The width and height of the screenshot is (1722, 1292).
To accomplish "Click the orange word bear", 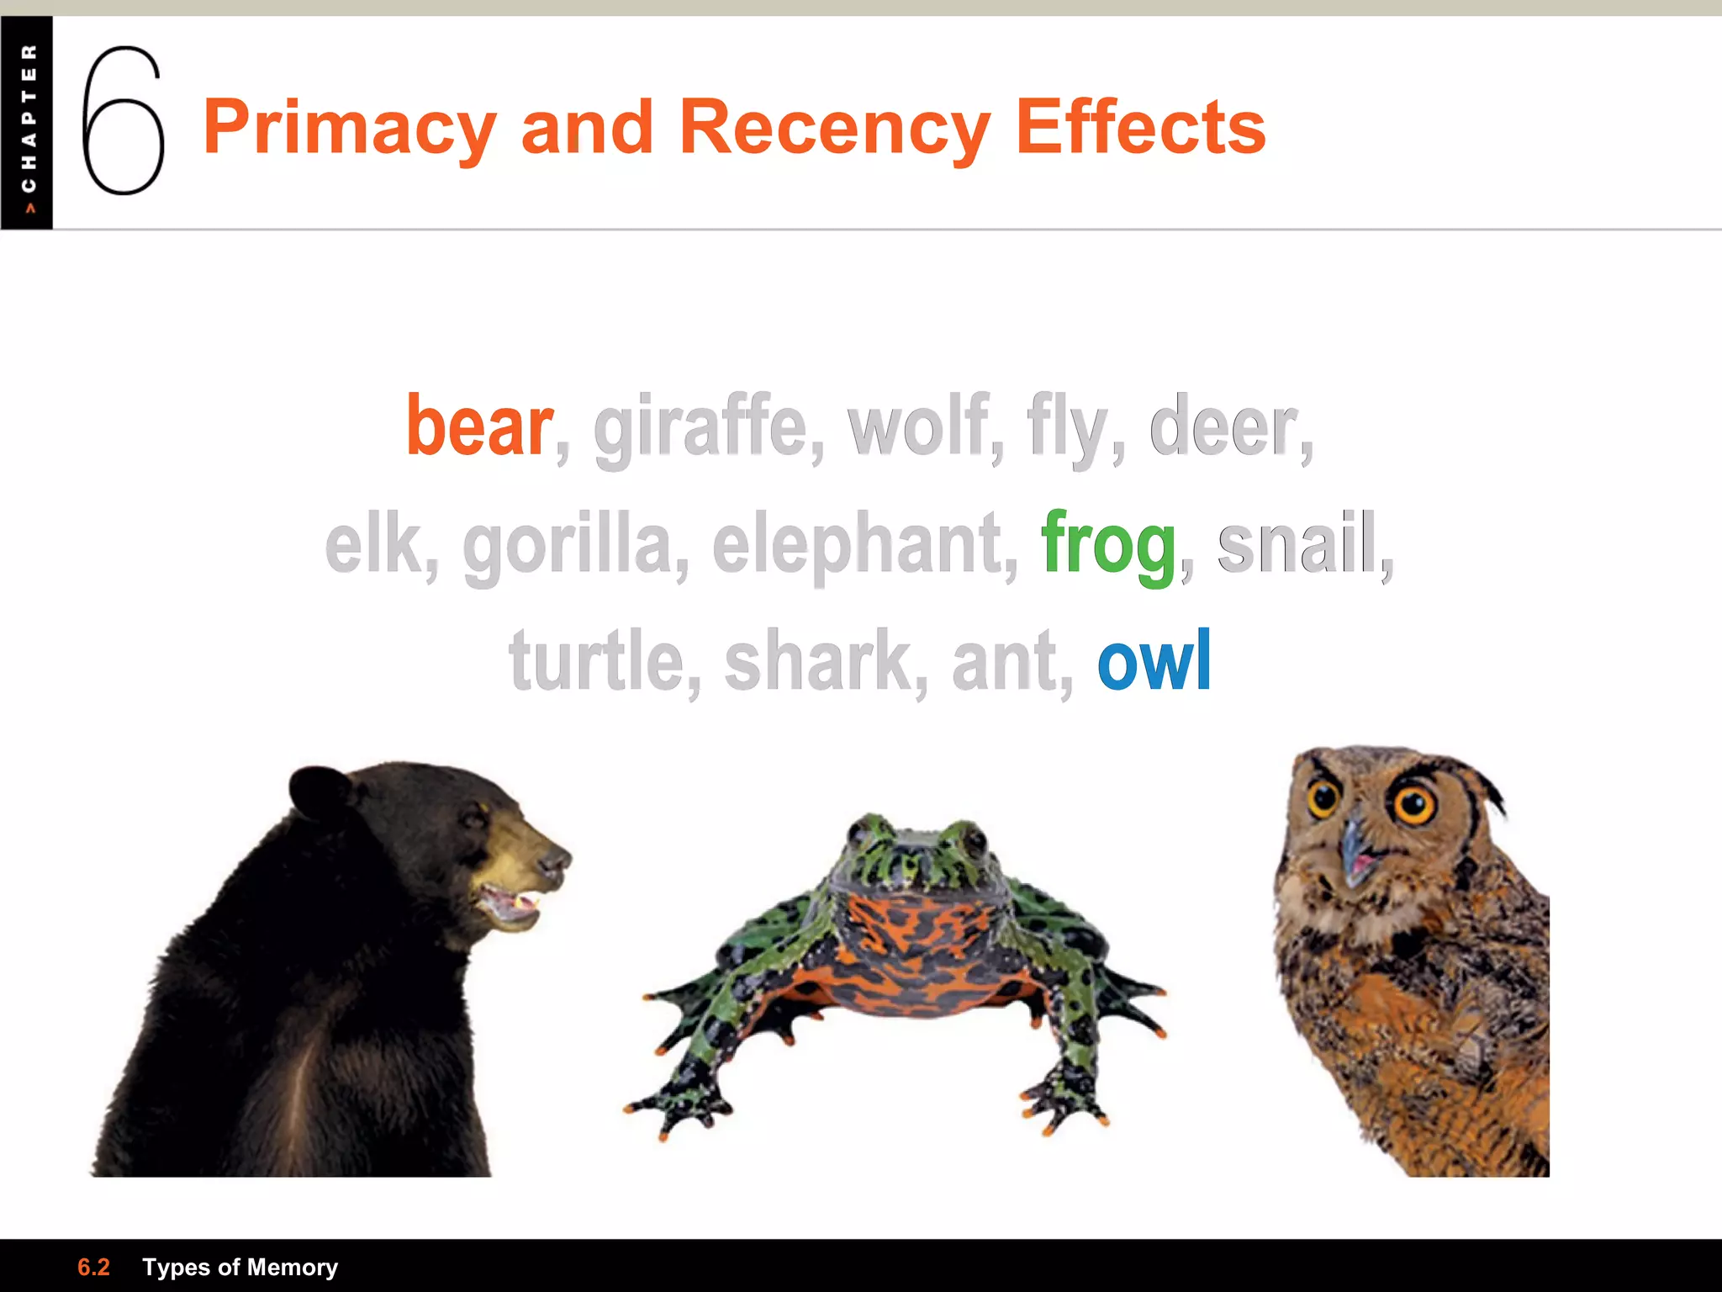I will coord(479,427).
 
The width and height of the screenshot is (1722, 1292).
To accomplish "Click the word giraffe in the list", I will coord(700,427).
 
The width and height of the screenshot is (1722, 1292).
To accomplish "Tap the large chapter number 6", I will coord(123,122).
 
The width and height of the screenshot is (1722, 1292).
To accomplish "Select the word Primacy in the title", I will coord(350,128).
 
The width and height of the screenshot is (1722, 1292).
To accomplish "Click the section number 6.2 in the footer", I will coord(93,1267).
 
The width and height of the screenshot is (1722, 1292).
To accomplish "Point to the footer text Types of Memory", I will coord(240,1267).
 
